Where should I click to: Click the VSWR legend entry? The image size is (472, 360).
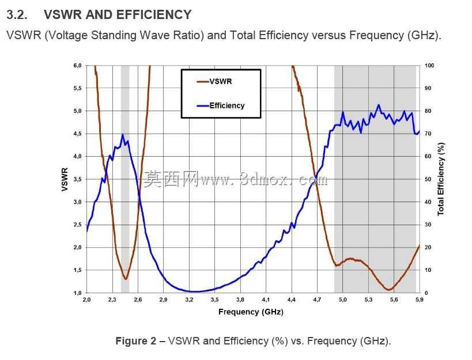pyautogui.click(x=214, y=81)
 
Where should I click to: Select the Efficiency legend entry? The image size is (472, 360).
pyautogui.click(x=220, y=105)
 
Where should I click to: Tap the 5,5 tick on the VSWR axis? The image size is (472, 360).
pyautogui.click(x=77, y=89)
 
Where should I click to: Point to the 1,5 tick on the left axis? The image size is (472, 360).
pyautogui.click(x=77, y=270)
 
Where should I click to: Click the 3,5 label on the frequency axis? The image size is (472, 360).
pyautogui.click(x=214, y=300)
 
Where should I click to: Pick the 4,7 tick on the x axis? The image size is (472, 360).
pyautogui.click(x=317, y=300)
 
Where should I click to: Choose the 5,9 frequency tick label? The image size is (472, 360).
pyautogui.click(x=420, y=300)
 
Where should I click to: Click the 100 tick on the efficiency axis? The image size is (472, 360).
pyautogui.click(x=429, y=66)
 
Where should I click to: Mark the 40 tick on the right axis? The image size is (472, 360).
pyautogui.click(x=428, y=202)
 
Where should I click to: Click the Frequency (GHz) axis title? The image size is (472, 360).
pyautogui.click(x=251, y=312)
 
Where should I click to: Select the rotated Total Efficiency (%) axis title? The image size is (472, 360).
pyautogui.click(x=441, y=179)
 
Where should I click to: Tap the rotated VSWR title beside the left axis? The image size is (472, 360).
pyautogui.click(x=65, y=179)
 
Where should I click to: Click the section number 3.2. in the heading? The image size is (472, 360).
pyautogui.click(x=17, y=15)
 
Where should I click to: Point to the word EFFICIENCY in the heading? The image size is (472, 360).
pyautogui.click(x=154, y=15)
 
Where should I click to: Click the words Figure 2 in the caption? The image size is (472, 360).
pyautogui.click(x=136, y=341)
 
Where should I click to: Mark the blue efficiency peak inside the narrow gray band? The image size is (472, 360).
pyautogui.click(x=123, y=134)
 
